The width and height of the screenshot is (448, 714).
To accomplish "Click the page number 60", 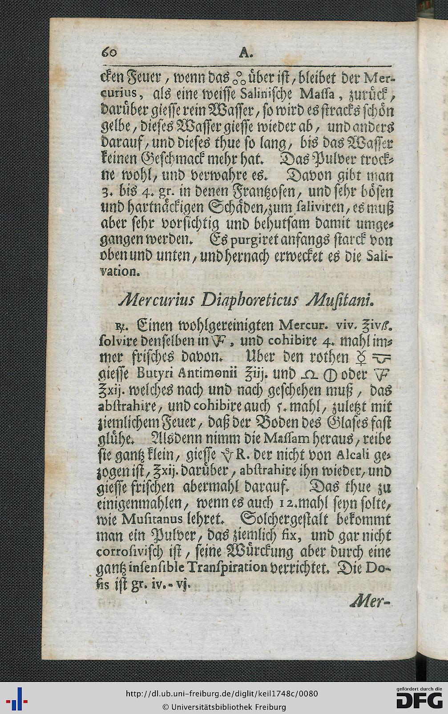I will point(109,53).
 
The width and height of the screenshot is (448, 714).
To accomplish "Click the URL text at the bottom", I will point(222,694).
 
